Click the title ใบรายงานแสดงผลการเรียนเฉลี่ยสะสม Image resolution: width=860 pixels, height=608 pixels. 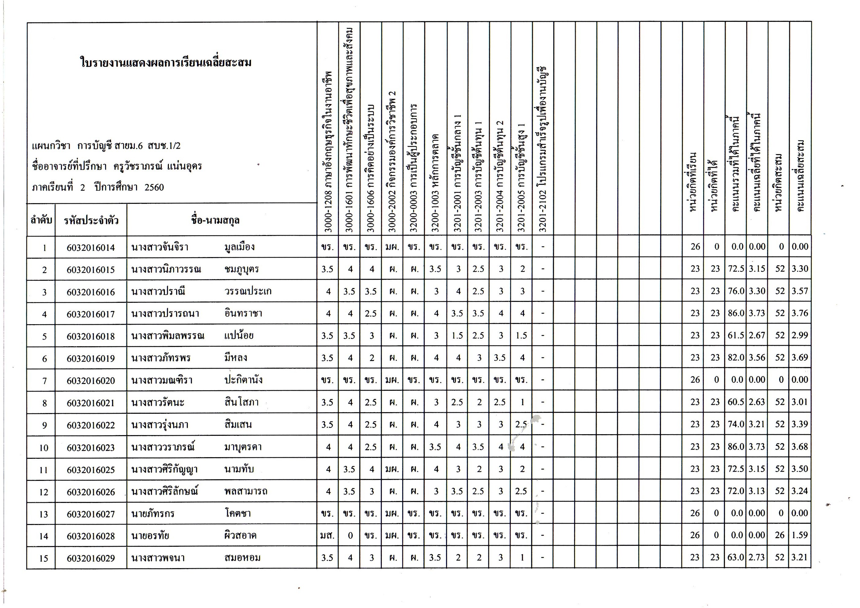tap(165, 62)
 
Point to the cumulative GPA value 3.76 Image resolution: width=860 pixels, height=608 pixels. tap(800, 313)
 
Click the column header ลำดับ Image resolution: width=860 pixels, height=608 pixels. tap(41, 220)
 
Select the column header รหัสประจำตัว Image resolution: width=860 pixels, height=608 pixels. tap(91, 220)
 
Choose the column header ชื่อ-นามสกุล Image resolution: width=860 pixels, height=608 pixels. tap(215, 220)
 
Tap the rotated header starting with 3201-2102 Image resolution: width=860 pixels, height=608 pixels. tap(543, 150)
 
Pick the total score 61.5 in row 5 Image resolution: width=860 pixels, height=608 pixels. tap(736, 335)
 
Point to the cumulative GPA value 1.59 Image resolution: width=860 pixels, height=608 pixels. tap(800, 535)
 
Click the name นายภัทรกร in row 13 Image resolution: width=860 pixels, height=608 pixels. tap(153, 513)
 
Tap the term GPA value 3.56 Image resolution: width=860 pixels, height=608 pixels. tap(757, 357)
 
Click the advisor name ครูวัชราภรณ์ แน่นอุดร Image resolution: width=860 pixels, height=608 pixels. tap(157, 166)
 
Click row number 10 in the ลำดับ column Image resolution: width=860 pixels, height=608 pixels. tap(44, 447)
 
